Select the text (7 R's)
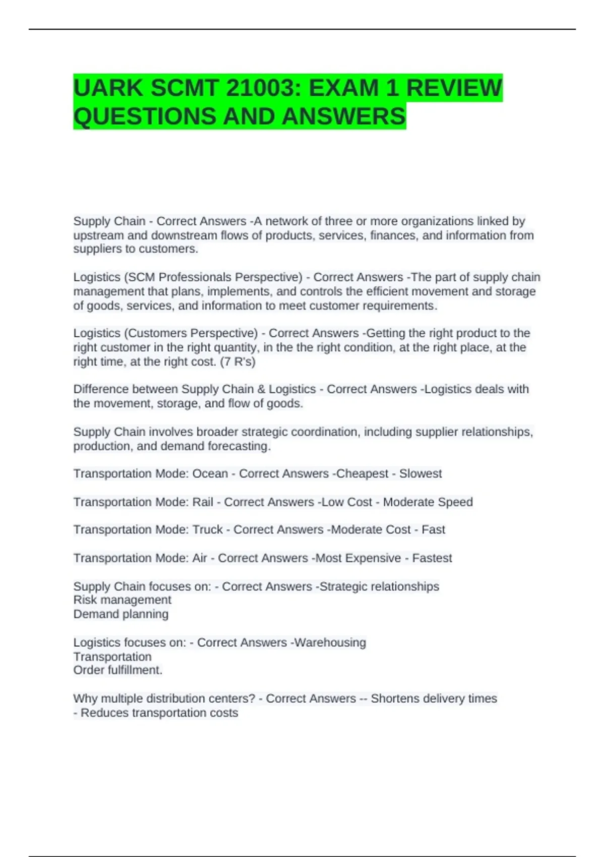[x=237, y=361]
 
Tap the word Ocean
[x=210, y=474]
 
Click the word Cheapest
[x=362, y=474]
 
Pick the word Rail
[x=203, y=502]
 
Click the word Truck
[x=208, y=530]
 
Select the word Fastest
[x=432, y=558]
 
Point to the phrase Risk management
[x=122, y=600]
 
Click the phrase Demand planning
[x=121, y=614]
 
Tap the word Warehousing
[x=330, y=643]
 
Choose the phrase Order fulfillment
[x=117, y=670]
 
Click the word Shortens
[x=394, y=699]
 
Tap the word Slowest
[x=420, y=474]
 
